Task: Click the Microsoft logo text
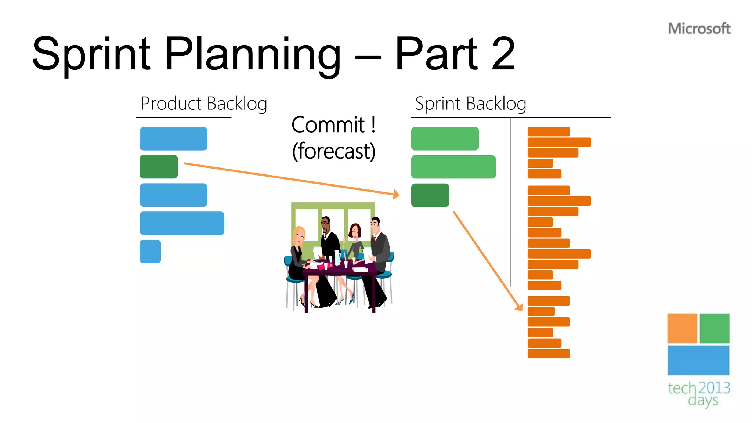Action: tap(699, 29)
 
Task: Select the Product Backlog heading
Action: tap(204, 104)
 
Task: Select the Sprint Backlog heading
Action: tap(471, 104)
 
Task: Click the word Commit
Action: tap(328, 125)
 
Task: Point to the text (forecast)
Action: tap(333, 151)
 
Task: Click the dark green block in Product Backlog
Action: tap(159, 167)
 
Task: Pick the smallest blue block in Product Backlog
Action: tap(150, 252)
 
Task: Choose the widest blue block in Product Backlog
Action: tap(182, 223)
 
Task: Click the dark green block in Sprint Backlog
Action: tap(430, 195)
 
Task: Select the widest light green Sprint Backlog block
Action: tap(453, 167)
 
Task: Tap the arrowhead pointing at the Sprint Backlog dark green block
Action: tap(396, 194)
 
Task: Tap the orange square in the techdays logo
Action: tap(682, 328)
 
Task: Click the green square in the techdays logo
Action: tap(714, 328)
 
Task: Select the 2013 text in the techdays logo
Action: tap(714, 388)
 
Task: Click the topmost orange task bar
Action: tap(548, 131)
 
